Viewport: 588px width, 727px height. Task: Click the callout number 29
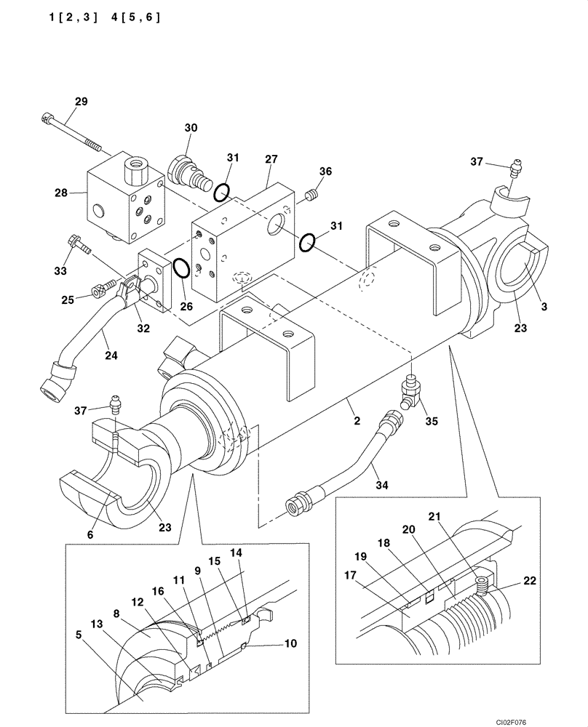pyautogui.click(x=81, y=100)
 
